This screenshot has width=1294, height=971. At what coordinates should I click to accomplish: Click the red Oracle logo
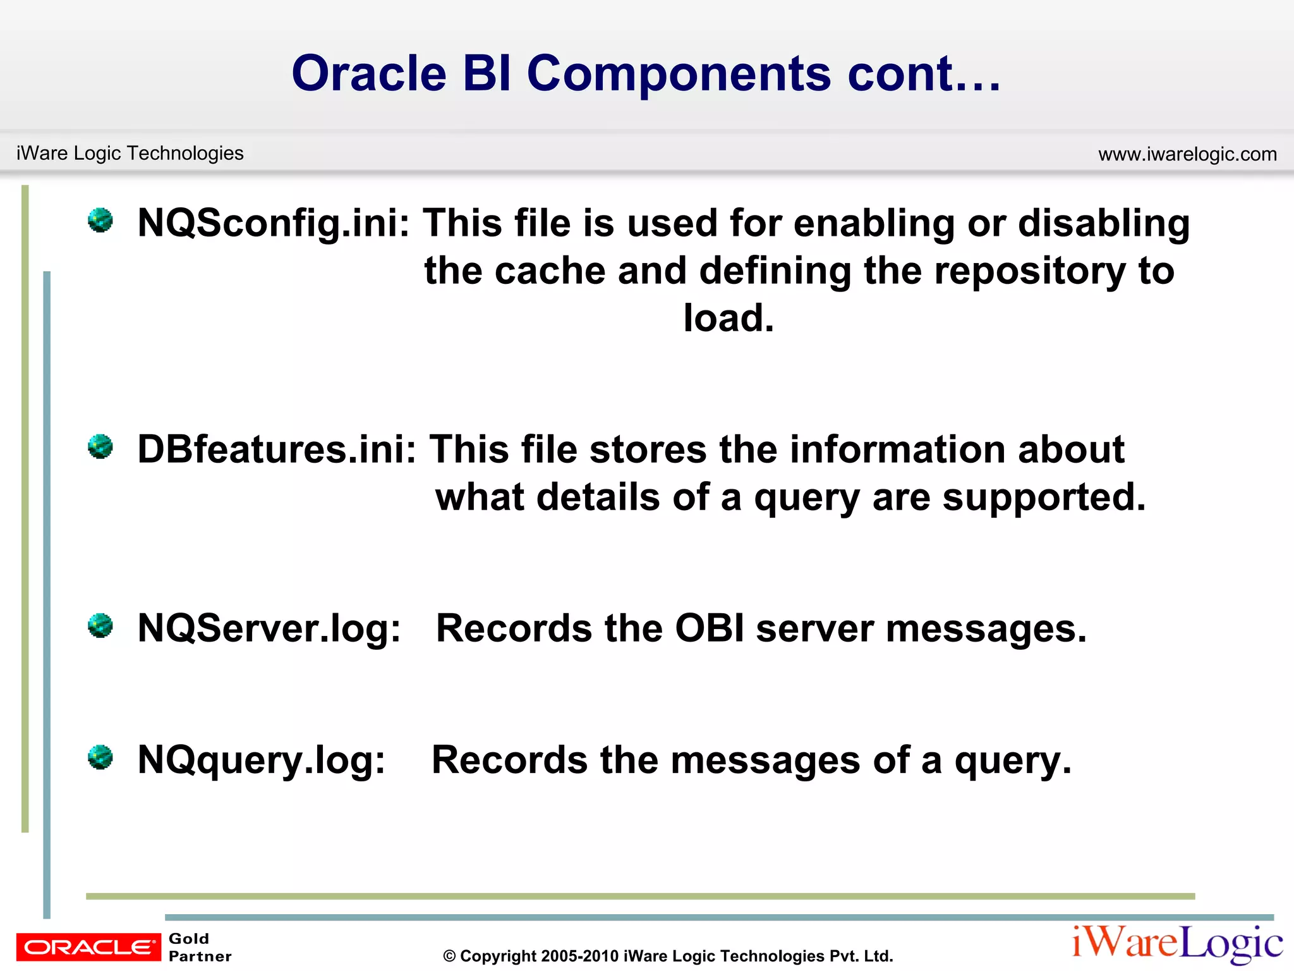coord(88,947)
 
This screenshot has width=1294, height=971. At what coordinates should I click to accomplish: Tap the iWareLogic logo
coord(1177,944)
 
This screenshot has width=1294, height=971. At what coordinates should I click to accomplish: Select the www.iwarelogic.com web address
coord(1187,154)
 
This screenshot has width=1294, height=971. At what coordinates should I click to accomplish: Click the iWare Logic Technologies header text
coord(130,153)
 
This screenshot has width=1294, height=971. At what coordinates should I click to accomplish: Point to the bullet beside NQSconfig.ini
coord(100,220)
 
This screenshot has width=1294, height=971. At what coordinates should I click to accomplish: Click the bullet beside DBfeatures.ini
coord(100,446)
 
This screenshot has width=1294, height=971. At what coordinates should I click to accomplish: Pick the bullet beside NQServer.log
coord(100,625)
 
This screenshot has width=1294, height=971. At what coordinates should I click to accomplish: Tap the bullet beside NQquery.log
coord(100,757)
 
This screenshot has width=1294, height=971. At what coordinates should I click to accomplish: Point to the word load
coord(728,318)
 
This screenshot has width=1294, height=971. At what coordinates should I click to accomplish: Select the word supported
coord(1044,498)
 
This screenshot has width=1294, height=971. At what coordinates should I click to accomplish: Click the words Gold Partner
coord(200,947)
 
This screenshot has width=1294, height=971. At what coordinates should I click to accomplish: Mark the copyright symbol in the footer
coord(449,956)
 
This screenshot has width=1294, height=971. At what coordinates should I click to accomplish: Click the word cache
coord(549,271)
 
